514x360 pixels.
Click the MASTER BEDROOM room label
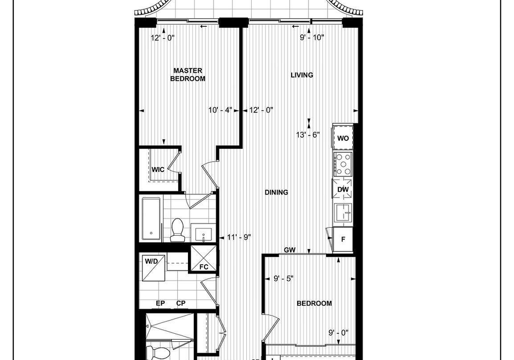(x=188, y=74)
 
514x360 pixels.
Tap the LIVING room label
(x=302, y=75)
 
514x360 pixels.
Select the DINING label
(x=276, y=192)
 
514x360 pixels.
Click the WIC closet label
(x=158, y=169)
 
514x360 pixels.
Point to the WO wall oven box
(x=343, y=138)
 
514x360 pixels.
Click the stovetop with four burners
(x=343, y=164)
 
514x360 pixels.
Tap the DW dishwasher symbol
(x=343, y=189)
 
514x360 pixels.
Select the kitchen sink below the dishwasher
(x=343, y=213)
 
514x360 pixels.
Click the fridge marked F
(x=343, y=239)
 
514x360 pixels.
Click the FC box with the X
(x=203, y=258)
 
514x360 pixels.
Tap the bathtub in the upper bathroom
(x=151, y=219)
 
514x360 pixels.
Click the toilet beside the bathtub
(x=177, y=230)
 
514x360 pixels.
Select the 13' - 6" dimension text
(x=308, y=135)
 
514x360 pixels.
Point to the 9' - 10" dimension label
(x=312, y=37)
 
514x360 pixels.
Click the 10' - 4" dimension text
(x=220, y=110)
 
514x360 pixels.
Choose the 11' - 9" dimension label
(x=239, y=237)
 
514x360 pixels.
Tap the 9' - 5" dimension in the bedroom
(x=284, y=279)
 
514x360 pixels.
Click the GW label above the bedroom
(x=290, y=250)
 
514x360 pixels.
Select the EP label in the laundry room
(x=160, y=303)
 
